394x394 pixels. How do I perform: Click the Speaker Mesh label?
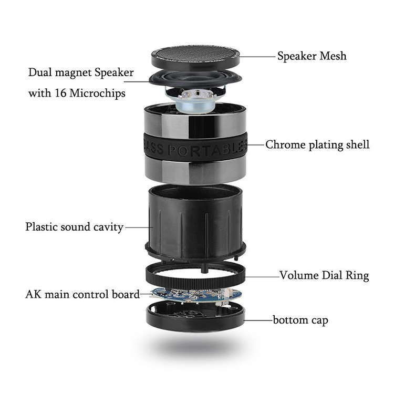pyautogui.click(x=312, y=55)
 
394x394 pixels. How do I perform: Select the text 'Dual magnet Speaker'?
pyautogui.click(x=81, y=72)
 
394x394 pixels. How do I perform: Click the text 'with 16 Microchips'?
pyautogui.click(x=76, y=94)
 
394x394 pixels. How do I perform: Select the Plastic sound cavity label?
pyautogui.click(x=74, y=227)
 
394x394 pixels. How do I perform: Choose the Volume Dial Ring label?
pyautogui.click(x=324, y=275)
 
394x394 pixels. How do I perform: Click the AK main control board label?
pyautogui.click(x=82, y=294)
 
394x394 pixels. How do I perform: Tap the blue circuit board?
pyautogui.click(x=194, y=296)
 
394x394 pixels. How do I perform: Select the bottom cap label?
pyautogui.click(x=300, y=319)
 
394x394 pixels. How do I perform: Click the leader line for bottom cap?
pyautogui.click(x=257, y=319)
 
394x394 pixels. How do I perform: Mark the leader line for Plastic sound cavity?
pyautogui.click(x=138, y=227)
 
